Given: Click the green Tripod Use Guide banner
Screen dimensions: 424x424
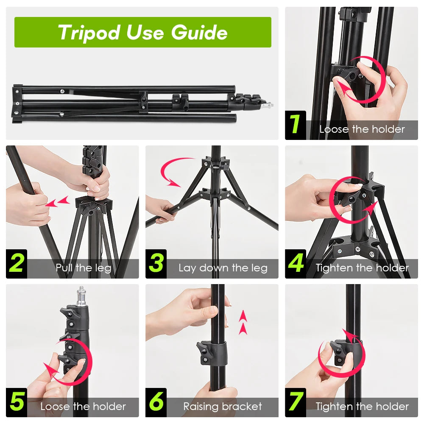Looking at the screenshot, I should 142,32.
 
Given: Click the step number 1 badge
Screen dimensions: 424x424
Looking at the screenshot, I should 296,125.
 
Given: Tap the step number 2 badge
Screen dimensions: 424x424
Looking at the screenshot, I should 17,264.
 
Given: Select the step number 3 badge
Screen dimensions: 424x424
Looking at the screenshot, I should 156,264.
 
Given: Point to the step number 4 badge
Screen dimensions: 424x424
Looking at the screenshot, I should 296,264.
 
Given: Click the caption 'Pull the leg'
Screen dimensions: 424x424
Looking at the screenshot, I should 84,268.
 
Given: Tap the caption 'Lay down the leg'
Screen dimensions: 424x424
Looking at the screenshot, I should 223,268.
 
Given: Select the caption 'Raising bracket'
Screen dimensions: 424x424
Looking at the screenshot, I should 223,407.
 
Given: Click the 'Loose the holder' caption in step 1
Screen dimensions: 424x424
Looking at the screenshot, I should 362,129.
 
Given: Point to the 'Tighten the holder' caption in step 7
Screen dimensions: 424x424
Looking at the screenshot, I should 362,407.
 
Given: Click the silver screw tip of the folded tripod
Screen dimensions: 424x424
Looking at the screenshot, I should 268,104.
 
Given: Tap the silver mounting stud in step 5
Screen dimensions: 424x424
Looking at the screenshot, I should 81,296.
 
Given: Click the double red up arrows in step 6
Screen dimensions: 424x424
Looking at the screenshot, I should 243,322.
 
